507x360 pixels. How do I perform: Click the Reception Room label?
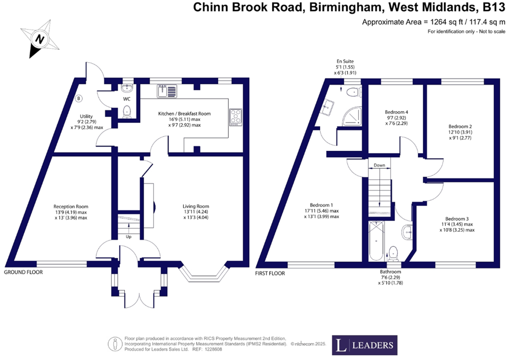[x=71, y=206]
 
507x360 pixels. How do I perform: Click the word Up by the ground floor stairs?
[x=128, y=237]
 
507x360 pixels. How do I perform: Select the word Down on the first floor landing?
[x=379, y=165]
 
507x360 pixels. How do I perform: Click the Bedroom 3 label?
[x=456, y=218]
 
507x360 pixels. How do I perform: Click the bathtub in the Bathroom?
[x=376, y=241]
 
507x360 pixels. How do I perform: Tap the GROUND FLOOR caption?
[x=24, y=272]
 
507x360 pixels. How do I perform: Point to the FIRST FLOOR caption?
[x=270, y=273]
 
